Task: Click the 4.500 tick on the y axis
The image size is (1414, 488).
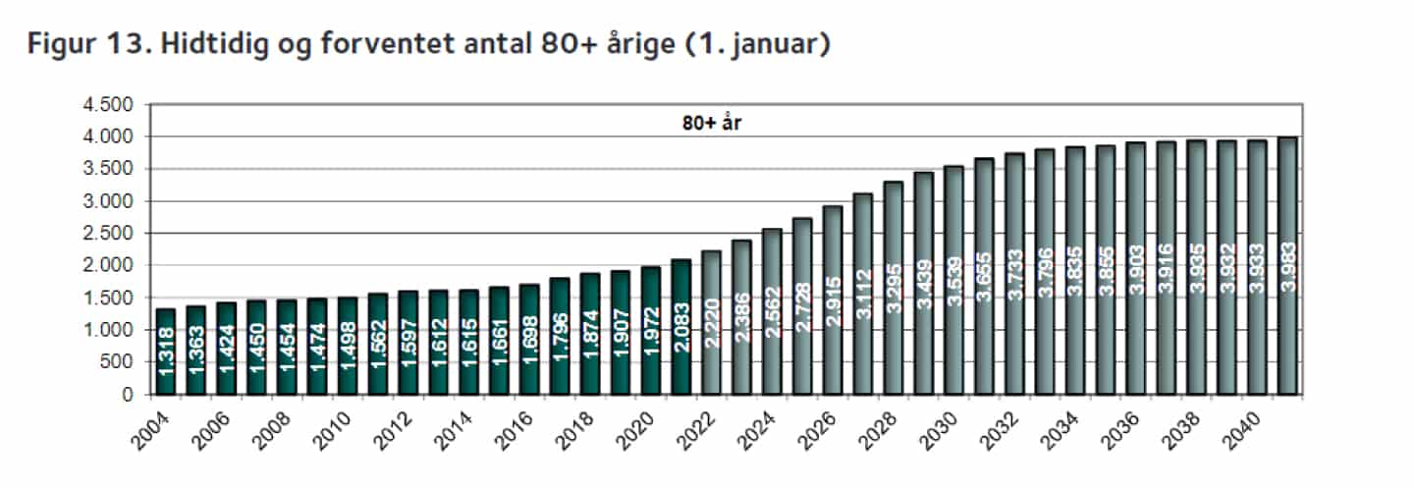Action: pos(110,105)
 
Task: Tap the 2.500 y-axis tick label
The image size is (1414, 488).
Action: pos(110,234)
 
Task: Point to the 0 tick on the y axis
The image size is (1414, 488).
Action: pos(128,395)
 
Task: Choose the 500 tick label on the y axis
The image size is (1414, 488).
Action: pos(119,362)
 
